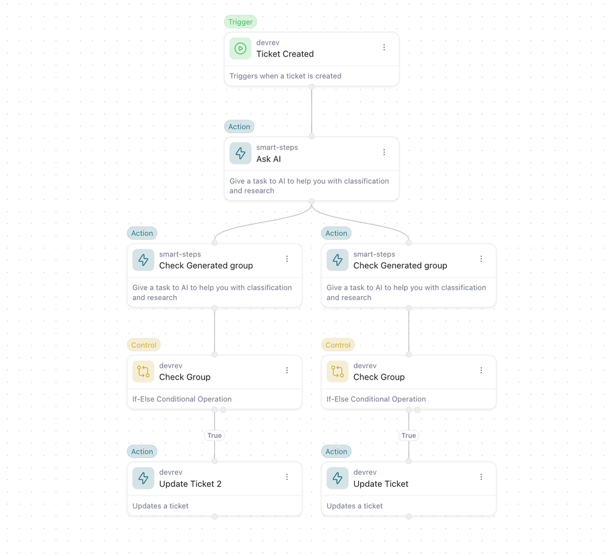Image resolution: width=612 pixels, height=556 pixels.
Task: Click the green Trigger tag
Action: tap(240, 22)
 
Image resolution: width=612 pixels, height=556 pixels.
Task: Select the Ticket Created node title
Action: tap(284, 54)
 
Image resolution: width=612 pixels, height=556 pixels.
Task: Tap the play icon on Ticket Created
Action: tap(240, 49)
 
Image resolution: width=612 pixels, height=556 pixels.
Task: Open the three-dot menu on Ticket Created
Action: tap(384, 48)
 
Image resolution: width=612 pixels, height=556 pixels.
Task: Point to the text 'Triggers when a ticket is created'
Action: tap(285, 76)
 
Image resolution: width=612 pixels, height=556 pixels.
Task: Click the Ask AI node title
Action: tap(268, 159)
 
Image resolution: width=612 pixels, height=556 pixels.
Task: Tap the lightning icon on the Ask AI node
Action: tap(240, 153)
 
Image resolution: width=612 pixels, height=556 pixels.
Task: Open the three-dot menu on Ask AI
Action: tap(384, 152)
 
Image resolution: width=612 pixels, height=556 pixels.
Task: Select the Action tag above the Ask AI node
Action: tap(239, 127)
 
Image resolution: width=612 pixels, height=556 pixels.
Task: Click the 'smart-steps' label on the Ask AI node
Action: tap(277, 148)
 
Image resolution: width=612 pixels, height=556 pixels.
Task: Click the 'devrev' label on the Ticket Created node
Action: tap(267, 43)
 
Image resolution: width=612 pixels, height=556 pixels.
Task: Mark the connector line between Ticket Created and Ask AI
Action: tap(312, 112)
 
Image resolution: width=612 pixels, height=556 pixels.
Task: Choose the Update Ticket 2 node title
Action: tap(190, 484)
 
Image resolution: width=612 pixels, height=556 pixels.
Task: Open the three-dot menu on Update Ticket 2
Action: tap(287, 477)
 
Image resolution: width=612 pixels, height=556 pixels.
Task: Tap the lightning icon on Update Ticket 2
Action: tap(143, 478)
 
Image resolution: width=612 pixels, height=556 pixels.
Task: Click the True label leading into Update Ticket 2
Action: tap(214, 436)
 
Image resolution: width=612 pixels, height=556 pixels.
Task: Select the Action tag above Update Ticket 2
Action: tap(142, 452)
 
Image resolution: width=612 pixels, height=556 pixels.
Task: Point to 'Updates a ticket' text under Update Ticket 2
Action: tap(160, 506)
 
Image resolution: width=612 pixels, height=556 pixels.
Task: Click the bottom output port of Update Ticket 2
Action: tap(214, 516)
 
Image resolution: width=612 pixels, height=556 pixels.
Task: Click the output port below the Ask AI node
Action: tap(312, 201)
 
